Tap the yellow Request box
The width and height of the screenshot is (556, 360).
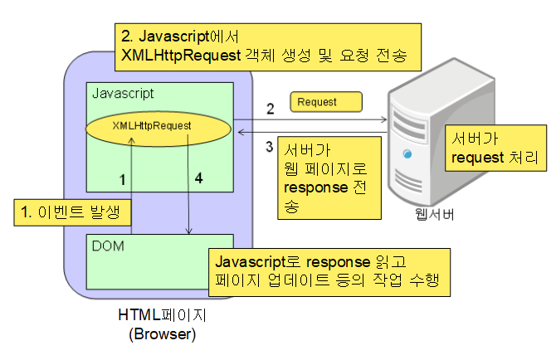point(325,102)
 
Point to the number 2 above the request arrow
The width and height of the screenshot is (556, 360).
point(270,109)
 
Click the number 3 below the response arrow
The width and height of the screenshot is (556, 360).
point(268,147)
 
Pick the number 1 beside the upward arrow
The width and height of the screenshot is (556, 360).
point(122,178)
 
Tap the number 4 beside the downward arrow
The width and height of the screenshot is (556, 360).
point(198,178)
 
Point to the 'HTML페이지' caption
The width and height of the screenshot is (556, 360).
point(158,317)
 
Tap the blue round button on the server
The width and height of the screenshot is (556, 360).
point(407,153)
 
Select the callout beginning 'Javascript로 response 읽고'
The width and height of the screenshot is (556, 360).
point(329,271)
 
